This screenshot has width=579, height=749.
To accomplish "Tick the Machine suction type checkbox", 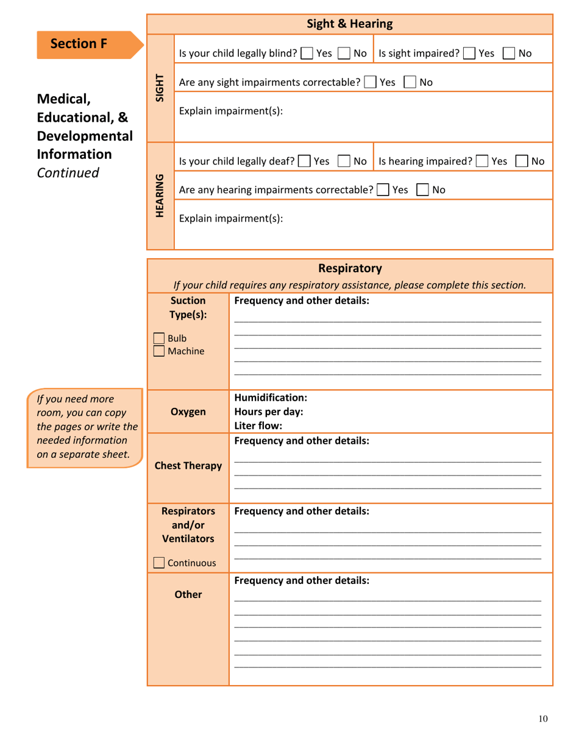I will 158,351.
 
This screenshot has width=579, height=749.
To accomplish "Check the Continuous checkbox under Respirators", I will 158,563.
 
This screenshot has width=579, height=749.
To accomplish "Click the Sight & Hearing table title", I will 349,24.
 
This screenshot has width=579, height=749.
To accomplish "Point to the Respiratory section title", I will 350,269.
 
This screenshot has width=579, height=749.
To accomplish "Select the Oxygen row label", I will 188,412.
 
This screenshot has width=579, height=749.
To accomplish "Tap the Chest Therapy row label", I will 188,466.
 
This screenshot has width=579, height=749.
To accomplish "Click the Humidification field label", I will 270,398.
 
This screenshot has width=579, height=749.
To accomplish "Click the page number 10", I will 543,719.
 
